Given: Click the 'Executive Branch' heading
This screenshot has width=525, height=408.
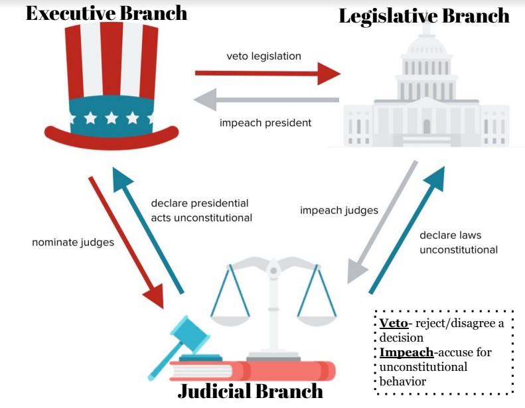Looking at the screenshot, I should pos(106,13).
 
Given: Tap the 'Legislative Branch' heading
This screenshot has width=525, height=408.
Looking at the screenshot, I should pos(424,16).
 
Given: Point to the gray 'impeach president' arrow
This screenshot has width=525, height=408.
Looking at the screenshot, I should pos(265,101).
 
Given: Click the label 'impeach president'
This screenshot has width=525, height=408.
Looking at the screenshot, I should pos(265,123).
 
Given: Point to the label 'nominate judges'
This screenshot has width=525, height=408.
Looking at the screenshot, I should pos(73,242).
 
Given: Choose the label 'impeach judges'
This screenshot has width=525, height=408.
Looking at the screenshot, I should pos(339,210).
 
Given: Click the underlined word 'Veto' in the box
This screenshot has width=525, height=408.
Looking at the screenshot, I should pos(390,323).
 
